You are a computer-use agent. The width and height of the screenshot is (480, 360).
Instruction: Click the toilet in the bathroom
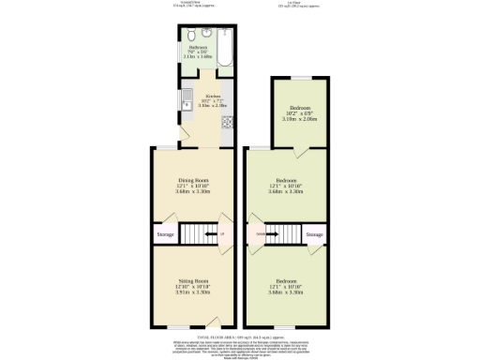(192, 34)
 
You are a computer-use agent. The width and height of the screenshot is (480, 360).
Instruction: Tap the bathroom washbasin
(206, 34)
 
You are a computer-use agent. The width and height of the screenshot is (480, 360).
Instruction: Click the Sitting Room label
(193, 281)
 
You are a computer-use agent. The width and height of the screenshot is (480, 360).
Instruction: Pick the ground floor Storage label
(165, 233)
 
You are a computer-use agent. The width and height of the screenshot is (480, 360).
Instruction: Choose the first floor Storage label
(314, 233)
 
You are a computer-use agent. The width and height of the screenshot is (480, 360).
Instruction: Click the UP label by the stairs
(222, 233)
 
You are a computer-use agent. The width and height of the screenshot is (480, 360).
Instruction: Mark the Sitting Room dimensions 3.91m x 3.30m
(193, 292)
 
